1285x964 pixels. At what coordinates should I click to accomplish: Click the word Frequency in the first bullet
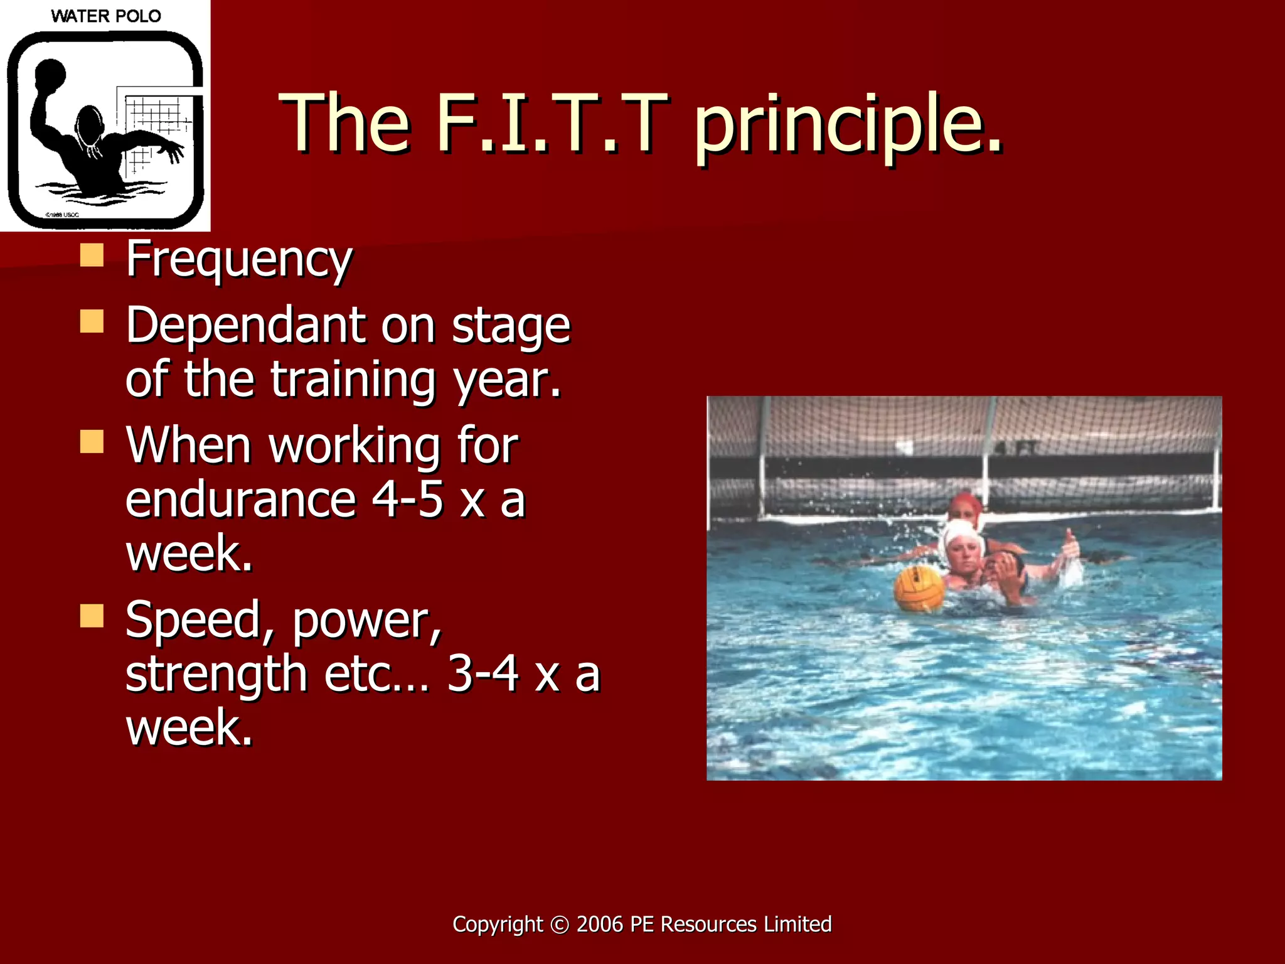click(x=238, y=259)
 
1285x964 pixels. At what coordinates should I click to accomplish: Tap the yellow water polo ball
click(x=919, y=588)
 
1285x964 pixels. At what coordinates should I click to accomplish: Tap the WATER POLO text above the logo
click(x=105, y=16)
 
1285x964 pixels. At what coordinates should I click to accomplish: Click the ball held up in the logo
click(x=50, y=73)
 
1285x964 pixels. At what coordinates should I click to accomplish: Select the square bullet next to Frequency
click(x=92, y=255)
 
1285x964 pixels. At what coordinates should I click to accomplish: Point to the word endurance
click(x=241, y=500)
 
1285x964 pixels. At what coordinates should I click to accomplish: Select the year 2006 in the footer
click(x=600, y=924)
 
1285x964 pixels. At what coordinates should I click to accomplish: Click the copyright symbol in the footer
click(x=559, y=924)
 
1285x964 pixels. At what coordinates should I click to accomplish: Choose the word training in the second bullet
click(x=353, y=380)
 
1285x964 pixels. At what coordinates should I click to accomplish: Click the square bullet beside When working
click(x=92, y=441)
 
